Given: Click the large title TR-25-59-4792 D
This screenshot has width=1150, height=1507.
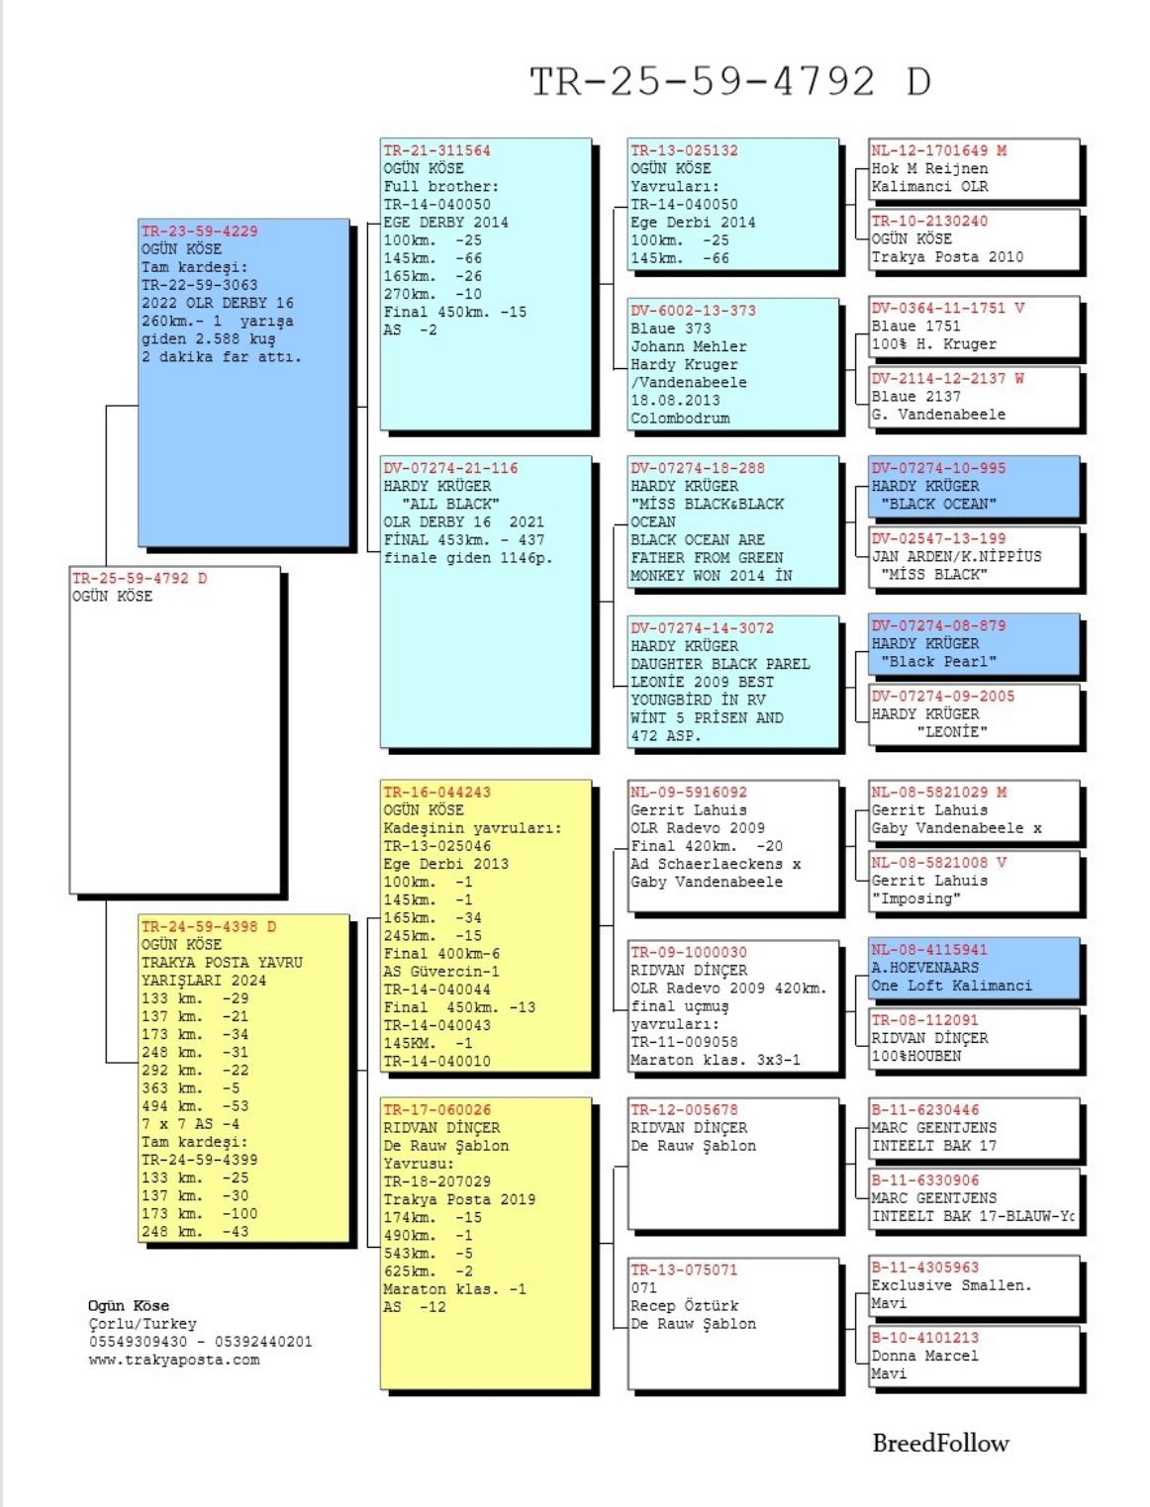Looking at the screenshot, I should tap(730, 81).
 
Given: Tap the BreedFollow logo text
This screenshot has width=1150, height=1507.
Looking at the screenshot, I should tap(939, 1443).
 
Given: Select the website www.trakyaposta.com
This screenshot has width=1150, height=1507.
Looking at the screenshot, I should tap(174, 1360).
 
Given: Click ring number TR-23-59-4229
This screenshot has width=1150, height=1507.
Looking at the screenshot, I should tap(199, 231).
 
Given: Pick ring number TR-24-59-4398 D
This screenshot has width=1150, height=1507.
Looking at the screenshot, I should tap(208, 926).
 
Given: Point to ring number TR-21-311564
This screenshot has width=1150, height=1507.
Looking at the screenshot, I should tap(436, 150).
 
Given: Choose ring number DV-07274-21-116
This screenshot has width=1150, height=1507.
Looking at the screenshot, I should tap(450, 468).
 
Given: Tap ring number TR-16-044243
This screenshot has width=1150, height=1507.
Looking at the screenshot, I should tap(436, 792).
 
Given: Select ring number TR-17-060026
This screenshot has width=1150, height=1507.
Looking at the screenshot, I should tap(436, 1109).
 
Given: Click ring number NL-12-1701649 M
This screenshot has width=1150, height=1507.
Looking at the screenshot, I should tap(938, 150).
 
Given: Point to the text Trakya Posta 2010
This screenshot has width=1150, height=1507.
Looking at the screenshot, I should tap(947, 257).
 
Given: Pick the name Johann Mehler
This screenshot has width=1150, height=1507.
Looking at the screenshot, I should tap(689, 346).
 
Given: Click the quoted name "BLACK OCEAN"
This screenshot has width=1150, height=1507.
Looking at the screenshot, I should tap(938, 504).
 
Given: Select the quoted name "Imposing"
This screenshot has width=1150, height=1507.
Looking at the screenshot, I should tap(916, 898).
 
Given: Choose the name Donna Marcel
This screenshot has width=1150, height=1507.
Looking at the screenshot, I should tap(924, 1356).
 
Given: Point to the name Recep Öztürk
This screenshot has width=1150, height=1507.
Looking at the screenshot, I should tap(684, 1305).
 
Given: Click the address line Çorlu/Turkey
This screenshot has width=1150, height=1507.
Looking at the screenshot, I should tap(143, 1324).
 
